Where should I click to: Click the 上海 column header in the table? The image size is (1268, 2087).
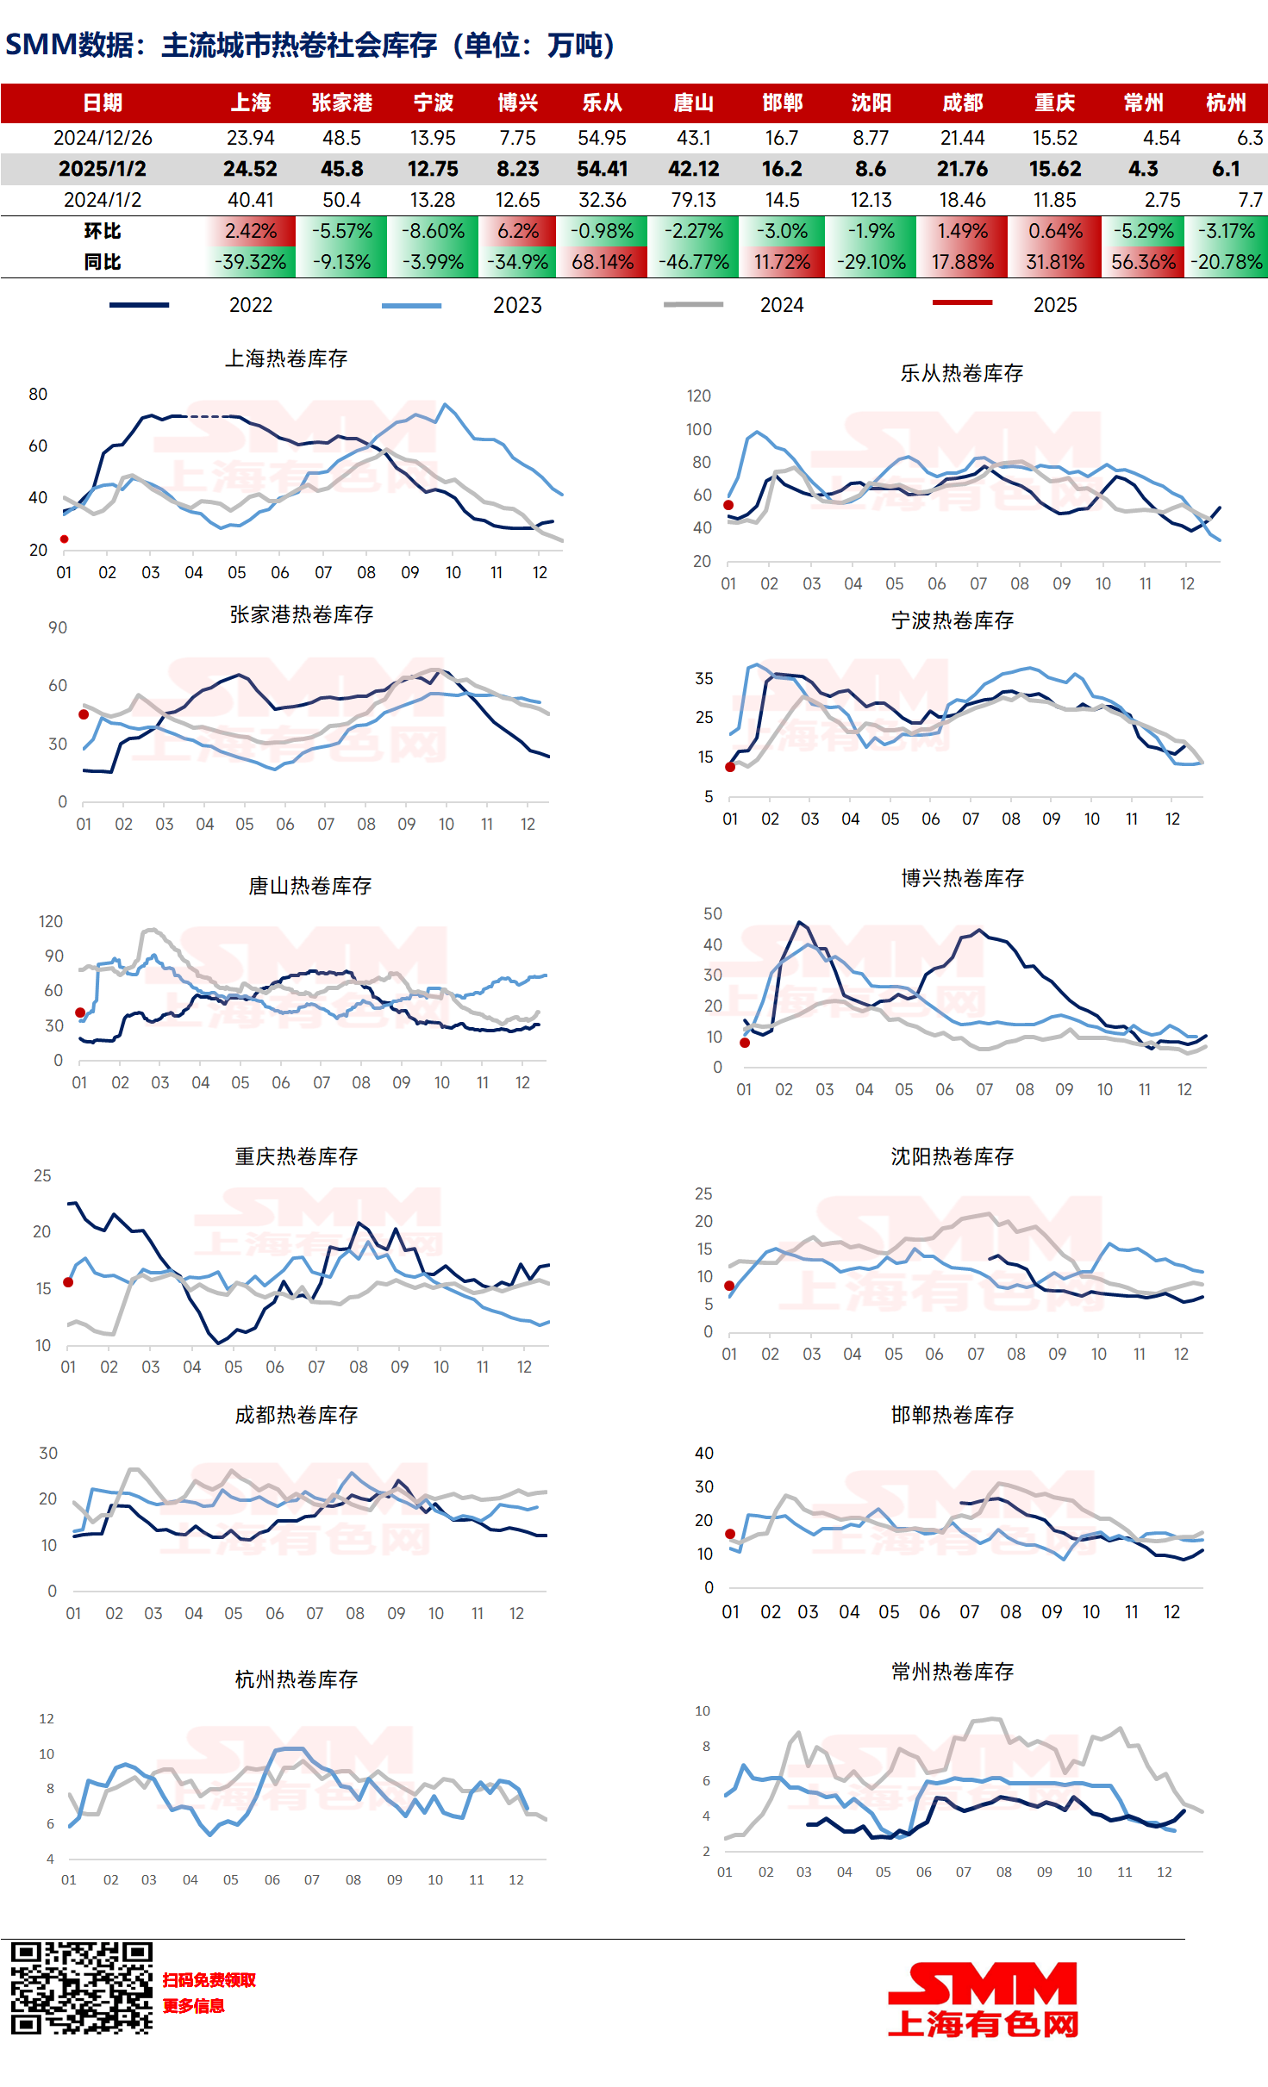point(251,103)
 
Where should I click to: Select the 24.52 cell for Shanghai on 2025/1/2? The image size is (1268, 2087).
point(250,169)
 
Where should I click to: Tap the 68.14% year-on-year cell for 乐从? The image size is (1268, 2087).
point(603,262)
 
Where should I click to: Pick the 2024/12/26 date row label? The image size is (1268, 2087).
point(103,138)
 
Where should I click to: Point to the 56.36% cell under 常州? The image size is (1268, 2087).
point(1143,262)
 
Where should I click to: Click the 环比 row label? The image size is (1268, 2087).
point(103,231)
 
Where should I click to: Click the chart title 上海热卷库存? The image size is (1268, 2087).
point(286,358)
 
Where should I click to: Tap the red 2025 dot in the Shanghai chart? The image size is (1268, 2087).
point(64,539)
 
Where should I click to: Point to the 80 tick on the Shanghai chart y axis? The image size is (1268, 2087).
point(38,395)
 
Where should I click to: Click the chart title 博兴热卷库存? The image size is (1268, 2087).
point(962,878)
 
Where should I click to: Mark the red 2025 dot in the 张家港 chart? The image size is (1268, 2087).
point(84,714)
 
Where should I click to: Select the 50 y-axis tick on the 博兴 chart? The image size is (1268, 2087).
point(713,913)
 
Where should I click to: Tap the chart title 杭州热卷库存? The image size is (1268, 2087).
point(297,1679)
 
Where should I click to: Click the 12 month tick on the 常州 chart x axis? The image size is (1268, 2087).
point(1164,1872)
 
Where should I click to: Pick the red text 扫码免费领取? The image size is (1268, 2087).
point(209,1980)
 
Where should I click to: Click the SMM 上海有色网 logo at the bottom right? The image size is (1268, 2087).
point(983,2000)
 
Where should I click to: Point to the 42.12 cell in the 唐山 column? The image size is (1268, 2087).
point(693,169)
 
